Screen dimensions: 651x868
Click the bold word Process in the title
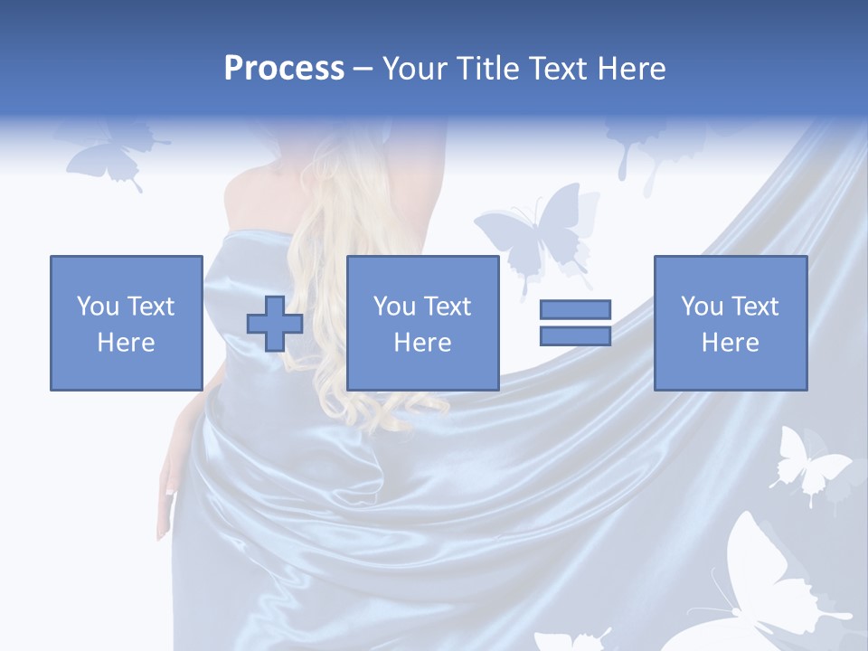[284, 69]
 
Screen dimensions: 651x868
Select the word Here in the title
[629, 69]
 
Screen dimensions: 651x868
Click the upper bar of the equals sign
[575, 310]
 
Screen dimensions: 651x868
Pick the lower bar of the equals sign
[575, 335]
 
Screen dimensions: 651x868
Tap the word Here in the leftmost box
[126, 342]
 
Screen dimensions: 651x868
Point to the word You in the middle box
[394, 307]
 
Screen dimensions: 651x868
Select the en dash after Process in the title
[363, 69]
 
